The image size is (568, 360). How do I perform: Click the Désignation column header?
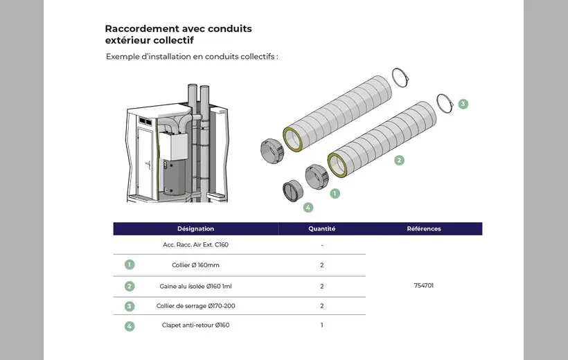point(195,228)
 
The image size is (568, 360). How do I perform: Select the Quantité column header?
point(321,228)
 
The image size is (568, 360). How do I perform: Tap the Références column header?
point(423,228)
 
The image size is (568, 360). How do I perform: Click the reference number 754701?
point(423,285)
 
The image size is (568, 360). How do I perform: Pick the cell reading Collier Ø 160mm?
point(195,265)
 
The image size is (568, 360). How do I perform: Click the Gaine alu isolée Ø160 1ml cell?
point(195,286)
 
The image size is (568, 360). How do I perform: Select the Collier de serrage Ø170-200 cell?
point(195,306)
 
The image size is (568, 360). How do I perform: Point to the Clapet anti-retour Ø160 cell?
point(195,325)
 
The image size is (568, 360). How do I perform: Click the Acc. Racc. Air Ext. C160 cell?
point(195,244)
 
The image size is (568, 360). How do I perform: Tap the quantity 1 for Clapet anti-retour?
point(321,325)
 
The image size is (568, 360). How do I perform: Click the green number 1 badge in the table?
point(130,264)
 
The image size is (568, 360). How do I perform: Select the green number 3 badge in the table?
point(130,306)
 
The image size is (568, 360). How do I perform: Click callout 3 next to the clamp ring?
point(463,104)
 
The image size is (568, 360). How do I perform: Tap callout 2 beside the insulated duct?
point(399,160)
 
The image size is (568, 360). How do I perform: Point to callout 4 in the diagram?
point(308,207)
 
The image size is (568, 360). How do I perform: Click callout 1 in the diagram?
point(335,193)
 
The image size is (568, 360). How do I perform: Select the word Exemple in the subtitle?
point(124,56)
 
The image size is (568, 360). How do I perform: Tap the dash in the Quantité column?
point(321,244)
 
